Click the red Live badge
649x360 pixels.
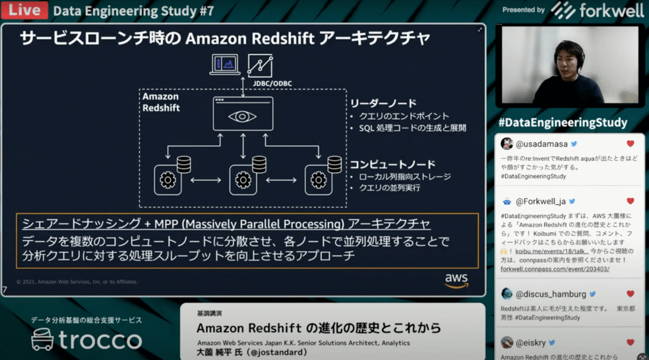(x=25, y=10)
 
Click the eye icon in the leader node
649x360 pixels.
(x=243, y=117)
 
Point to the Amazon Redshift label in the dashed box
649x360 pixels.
(x=160, y=102)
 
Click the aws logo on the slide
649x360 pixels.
(x=456, y=280)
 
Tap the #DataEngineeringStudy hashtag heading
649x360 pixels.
(x=563, y=122)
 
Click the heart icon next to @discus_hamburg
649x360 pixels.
(x=630, y=294)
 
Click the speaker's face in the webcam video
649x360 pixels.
(x=569, y=57)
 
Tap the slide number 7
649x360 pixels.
(x=5, y=290)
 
